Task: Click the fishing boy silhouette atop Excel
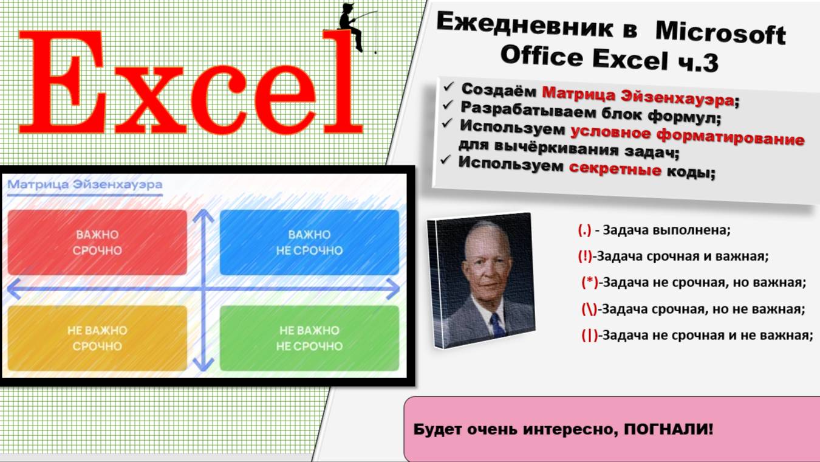pos(352,26)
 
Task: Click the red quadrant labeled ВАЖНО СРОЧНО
pos(97,243)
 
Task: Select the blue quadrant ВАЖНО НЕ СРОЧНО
pos(309,243)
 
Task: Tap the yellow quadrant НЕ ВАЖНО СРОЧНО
pos(97,338)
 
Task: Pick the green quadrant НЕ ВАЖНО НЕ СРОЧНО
pos(309,338)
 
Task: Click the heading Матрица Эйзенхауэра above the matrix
pos(85,184)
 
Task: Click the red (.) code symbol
pos(584,230)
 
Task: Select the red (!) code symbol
pos(585,257)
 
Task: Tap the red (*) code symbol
pos(590,283)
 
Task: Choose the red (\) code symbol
pos(589,309)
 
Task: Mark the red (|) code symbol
pos(590,335)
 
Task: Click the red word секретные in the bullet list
pos(615,168)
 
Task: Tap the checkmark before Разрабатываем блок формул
pos(448,105)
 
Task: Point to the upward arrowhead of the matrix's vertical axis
pos(203,216)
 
